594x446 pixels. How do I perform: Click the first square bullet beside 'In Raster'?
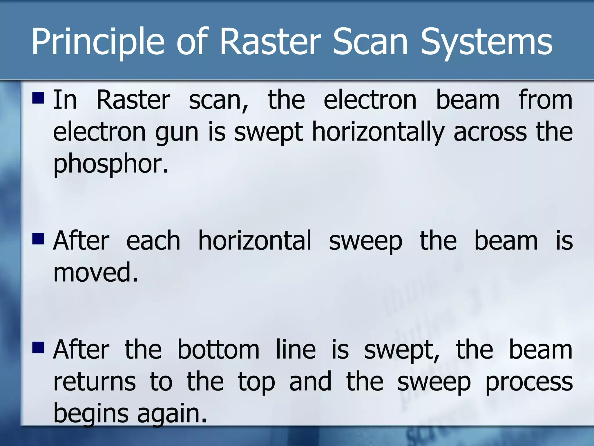[x=38, y=98]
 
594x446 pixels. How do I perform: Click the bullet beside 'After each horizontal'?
[x=38, y=239]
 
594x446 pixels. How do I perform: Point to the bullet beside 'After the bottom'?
[x=38, y=347]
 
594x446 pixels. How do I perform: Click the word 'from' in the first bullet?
[x=545, y=100]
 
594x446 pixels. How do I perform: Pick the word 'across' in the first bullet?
[x=490, y=132]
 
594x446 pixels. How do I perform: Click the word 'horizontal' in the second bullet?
[x=254, y=241]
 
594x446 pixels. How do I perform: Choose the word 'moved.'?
[x=96, y=272]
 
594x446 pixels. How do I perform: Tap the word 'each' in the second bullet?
[x=153, y=241]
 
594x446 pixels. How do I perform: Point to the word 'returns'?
[x=95, y=382]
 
